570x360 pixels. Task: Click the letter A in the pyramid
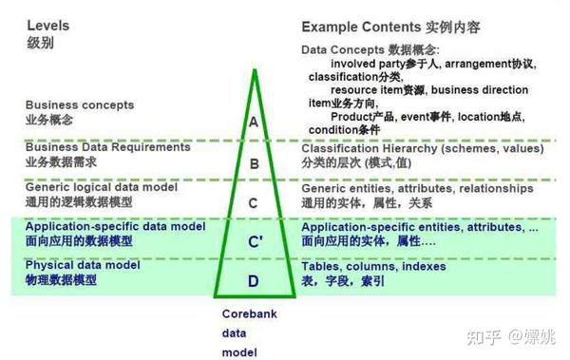(x=253, y=122)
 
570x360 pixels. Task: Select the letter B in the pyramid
(x=254, y=162)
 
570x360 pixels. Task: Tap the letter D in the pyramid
(x=253, y=280)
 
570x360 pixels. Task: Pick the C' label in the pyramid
(x=255, y=241)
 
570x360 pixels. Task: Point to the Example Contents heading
(x=354, y=26)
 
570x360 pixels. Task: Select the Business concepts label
(x=80, y=104)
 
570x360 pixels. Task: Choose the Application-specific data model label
(x=115, y=226)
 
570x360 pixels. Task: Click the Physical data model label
(x=83, y=265)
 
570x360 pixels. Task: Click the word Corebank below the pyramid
(x=248, y=314)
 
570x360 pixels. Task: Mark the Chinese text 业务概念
(x=49, y=120)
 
